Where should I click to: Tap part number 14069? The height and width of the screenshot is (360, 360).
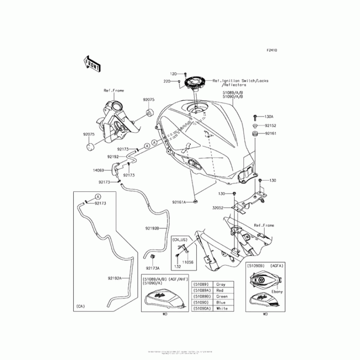(x=99, y=171)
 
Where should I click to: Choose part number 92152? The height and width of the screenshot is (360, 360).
(x=270, y=126)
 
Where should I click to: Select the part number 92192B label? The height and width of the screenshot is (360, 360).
(x=152, y=229)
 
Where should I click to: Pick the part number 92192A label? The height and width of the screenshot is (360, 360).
(x=114, y=278)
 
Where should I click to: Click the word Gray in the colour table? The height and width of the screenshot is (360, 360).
(x=221, y=284)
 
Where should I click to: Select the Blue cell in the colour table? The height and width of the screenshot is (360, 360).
(x=221, y=302)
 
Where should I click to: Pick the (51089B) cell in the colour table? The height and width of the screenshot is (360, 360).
(x=201, y=297)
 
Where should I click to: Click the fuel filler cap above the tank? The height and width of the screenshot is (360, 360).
(x=197, y=82)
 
